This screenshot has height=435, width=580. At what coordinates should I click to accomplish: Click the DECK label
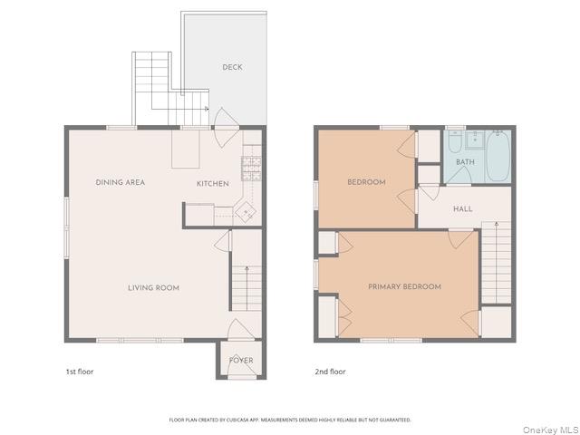pos(233,67)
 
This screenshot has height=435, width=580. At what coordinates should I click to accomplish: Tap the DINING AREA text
pos(121,182)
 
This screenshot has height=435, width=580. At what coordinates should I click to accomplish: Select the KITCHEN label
pos(213,184)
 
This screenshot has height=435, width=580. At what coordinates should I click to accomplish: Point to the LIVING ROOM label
pos(153,288)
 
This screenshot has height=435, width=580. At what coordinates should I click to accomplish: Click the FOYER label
pos(241,361)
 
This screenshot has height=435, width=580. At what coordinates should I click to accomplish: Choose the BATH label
pos(465,162)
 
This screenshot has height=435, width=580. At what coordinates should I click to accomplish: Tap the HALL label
pos(462,209)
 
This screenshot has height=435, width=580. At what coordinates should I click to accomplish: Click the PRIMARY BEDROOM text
pos(404,286)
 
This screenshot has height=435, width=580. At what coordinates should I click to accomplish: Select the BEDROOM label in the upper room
pos(366,182)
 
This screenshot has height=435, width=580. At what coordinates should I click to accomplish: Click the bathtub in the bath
pos(498,156)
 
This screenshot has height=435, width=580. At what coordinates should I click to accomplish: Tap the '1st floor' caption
pos(79,372)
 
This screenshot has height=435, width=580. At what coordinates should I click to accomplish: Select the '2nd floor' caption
pos(330,372)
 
